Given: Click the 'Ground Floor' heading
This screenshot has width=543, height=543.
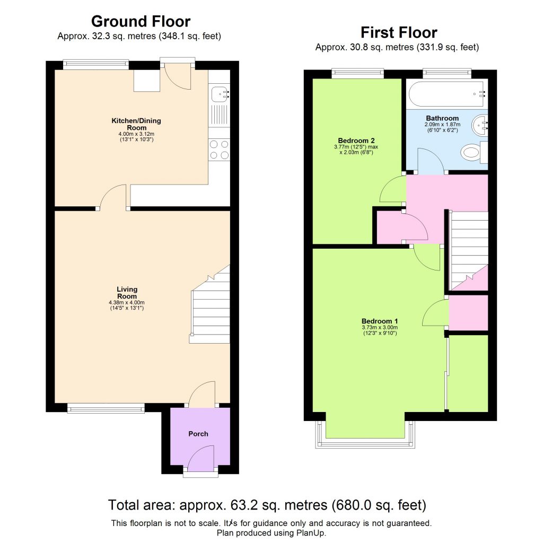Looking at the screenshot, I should [141, 22].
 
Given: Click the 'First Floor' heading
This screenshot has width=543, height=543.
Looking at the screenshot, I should [399, 32].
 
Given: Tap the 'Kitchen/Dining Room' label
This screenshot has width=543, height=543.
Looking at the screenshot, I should [136, 124].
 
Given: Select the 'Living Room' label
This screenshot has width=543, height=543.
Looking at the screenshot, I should [127, 293].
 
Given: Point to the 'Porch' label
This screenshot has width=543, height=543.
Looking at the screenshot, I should [198, 434].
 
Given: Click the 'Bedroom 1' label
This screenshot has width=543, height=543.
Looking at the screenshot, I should [380, 321].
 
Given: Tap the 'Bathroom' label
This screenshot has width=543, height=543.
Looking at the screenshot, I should [442, 118].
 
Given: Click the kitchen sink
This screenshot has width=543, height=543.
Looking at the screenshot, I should [219, 95].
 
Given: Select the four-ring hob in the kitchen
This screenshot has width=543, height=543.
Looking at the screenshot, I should [220, 149].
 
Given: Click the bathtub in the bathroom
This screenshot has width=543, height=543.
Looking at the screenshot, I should [446, 94].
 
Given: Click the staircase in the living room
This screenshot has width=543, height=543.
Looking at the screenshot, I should [211, 308].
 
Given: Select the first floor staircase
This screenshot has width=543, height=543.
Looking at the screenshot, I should [468, 249].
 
